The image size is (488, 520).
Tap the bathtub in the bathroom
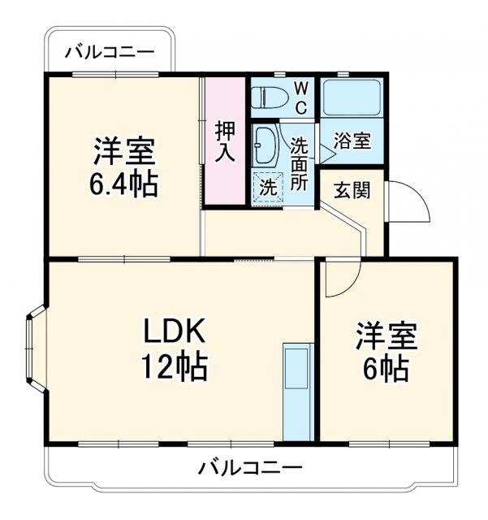tap(352, 98)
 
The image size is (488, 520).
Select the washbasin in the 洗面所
tap(266, 144)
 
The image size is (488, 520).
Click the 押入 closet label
tap(224, 142)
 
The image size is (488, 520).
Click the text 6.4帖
tap(123, 184)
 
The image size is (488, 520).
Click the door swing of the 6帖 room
tap(339, 280)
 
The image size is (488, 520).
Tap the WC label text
tap(300, 97)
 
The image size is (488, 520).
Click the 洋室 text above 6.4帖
tap(123, 151)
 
